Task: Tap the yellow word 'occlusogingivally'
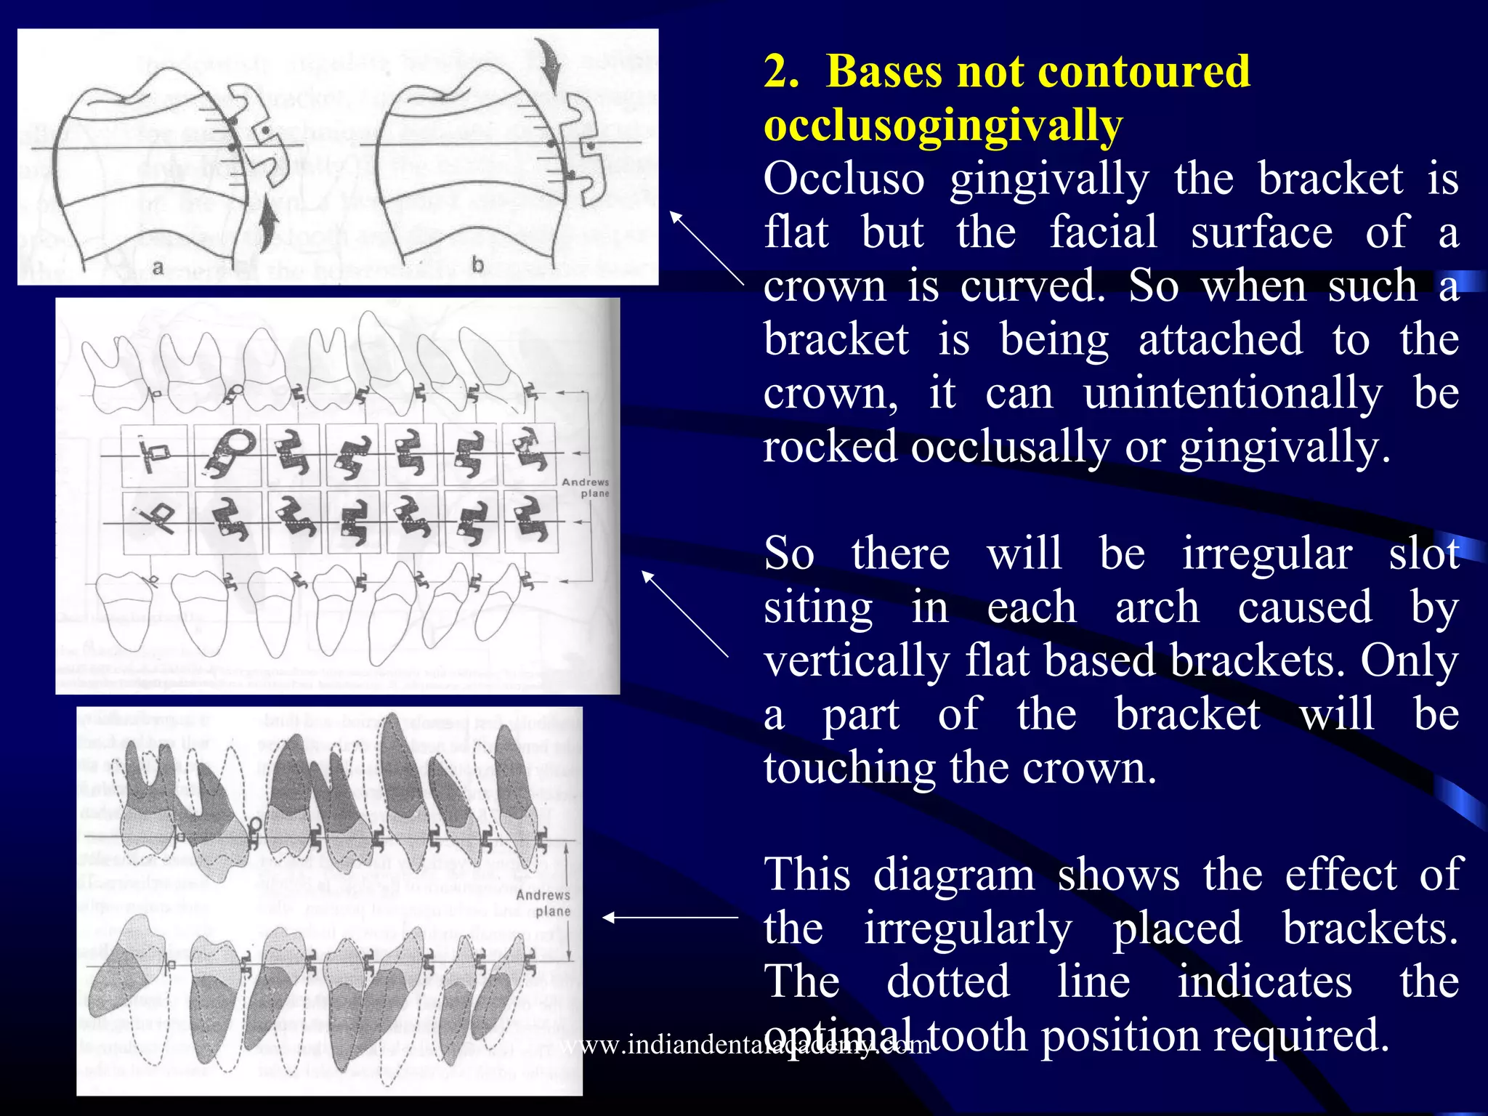tap(942, 126)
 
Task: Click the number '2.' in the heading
tap(782, 72)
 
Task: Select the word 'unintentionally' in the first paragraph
tap(1232, 394)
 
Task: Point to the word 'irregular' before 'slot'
tap(1266, 554)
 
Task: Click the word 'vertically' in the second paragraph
tap(857, 661)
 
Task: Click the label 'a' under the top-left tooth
tap(157, 267)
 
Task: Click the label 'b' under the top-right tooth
tap(477, 265)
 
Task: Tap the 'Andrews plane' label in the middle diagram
tap(586, 488)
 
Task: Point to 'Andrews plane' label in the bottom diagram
tap(543, 903)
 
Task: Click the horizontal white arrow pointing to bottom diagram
tap(670, 918)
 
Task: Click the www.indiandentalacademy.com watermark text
tap(746, 1046)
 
